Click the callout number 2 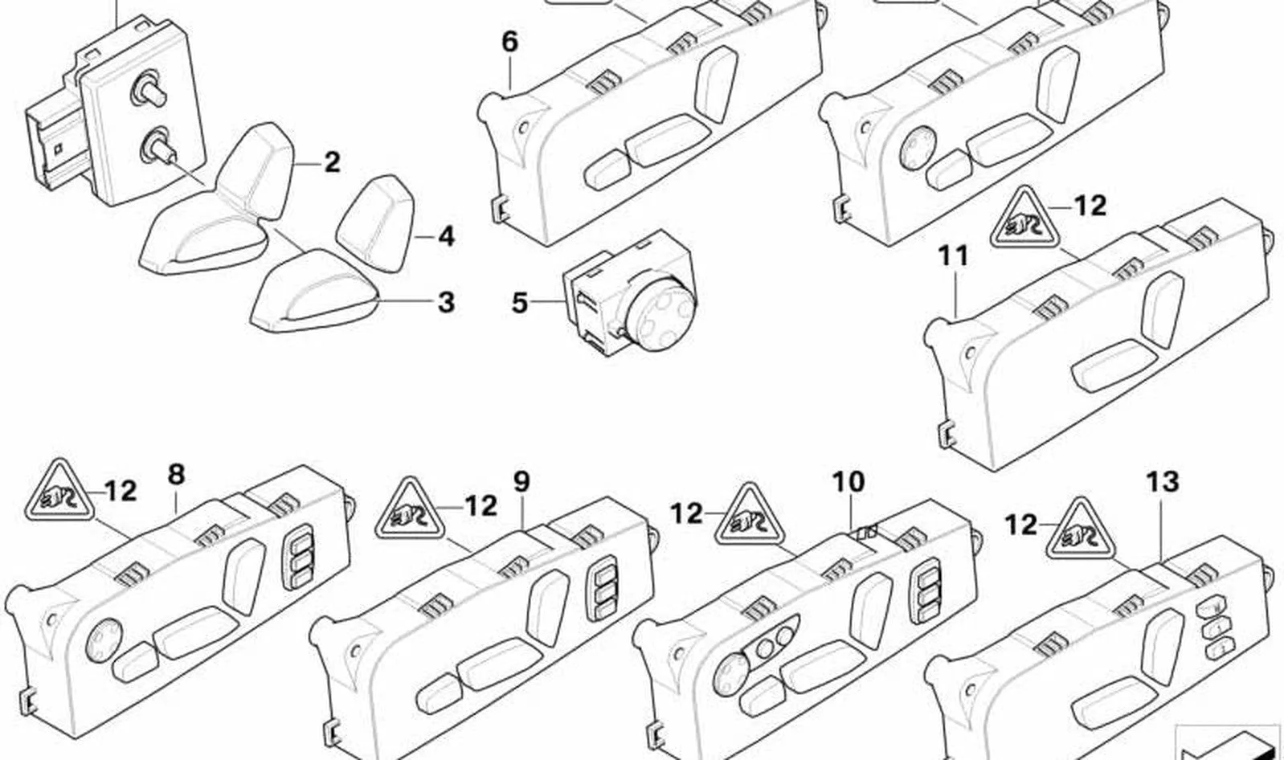[332, 163]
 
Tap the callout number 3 [446, 302]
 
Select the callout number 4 [445, 237]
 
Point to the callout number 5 [519, 303]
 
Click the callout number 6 [509, 42]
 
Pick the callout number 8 [177, 475]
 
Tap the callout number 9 [521, 482]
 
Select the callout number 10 [849, 482]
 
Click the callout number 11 [953, 255]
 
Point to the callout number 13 [1163, 482]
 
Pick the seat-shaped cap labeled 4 [376, 223]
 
